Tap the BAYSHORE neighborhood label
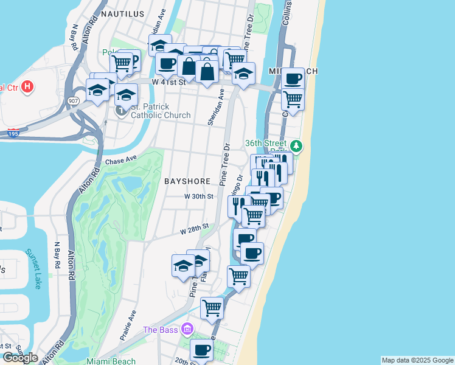tap(187, 181)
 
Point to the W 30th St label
tap(199, 196)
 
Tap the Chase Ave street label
tap(121, 161)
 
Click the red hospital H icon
tap(27, 87)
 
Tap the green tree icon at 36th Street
tap(296, 145)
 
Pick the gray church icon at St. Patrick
tap(122, 110)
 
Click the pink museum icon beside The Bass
tap(187, 329)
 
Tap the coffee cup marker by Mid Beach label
tap(293, 78)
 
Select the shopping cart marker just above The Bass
tap(212, 308)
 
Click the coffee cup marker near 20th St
tap(201, 350)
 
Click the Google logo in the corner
tap(20, 358)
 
